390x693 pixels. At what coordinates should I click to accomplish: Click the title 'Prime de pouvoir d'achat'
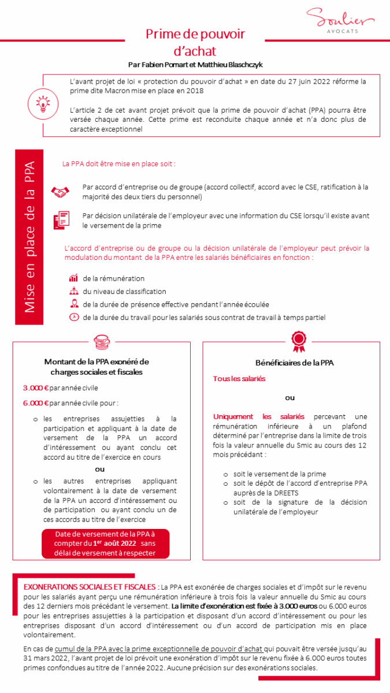(195, 43)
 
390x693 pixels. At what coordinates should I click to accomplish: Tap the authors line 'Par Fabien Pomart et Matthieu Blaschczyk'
(195, 65)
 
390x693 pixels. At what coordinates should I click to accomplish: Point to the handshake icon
(60, 191)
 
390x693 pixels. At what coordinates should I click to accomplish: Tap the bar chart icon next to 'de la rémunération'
(73, 278)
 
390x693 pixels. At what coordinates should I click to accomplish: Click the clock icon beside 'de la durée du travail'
(73, 317)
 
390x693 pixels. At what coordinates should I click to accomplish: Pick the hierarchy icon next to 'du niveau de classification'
(73, 291)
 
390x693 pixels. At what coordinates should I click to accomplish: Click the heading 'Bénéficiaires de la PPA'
(294, 363)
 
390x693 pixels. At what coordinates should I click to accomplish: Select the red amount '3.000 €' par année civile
(34, 388)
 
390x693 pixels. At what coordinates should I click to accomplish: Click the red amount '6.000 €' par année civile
(34, 403)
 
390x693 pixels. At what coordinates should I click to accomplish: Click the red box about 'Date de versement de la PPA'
(105, 543)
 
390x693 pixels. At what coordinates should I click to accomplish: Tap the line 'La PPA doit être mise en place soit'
(118, 163)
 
